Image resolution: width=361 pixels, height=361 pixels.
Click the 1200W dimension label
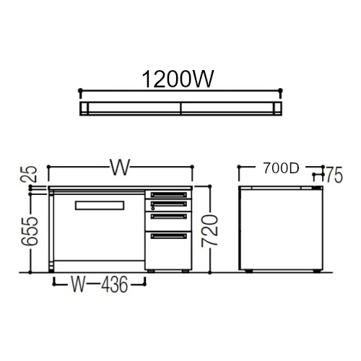click(x=178, y=79)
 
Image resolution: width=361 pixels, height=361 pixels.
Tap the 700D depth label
click(x=281, y=168)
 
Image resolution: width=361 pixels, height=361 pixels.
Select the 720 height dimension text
click(x=210, y=231)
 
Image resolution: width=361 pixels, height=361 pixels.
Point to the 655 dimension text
click(x=30, y=231)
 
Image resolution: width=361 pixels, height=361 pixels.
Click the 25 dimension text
click(x=30, y=174)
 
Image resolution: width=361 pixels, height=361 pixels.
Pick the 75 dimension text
click(x=334, y=175)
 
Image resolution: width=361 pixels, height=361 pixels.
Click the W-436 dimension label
click(x=99, y=284)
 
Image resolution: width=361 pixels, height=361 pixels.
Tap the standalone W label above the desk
click(x=120, y=167)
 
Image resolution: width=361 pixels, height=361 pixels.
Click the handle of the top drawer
click(x=169, y=194)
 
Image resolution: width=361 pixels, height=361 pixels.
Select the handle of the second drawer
click(x=169, y=204)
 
